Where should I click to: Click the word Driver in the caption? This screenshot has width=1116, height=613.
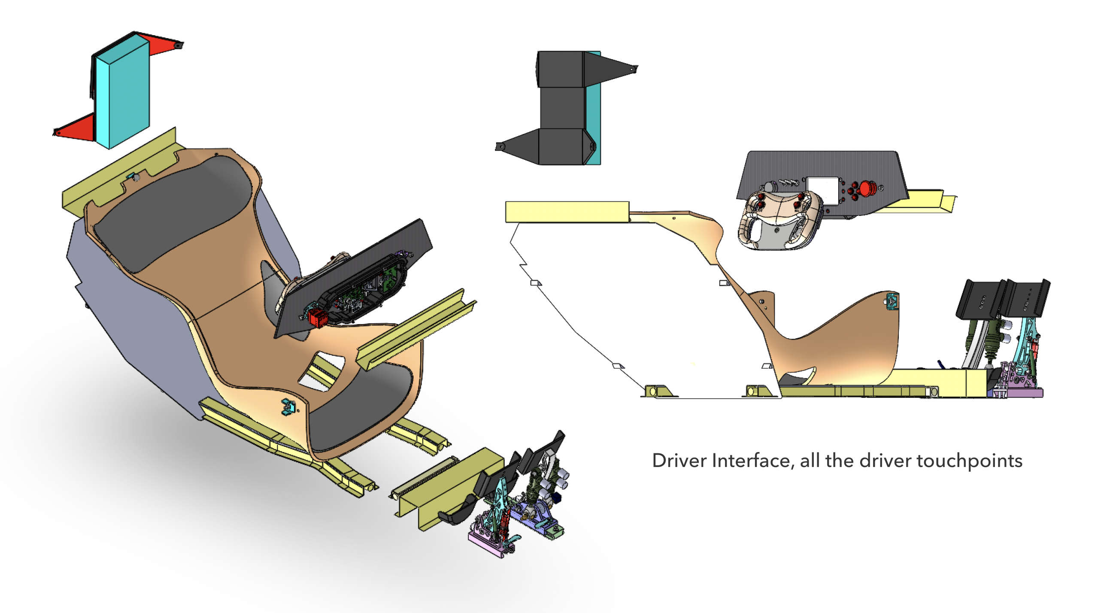click(679, 461)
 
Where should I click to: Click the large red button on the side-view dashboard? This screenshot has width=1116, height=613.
click(866, 188)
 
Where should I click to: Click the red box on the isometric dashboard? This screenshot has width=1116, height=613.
click(318, 318)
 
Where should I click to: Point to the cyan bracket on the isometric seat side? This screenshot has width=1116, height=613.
click(288, 407)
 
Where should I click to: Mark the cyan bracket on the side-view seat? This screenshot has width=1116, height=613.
click(892, 301)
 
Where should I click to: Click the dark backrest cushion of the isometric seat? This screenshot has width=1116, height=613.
click(173, 212)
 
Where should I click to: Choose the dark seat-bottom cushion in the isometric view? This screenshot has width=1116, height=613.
click(360, 407)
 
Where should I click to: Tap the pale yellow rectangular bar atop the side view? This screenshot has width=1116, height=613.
click(567, 211)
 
